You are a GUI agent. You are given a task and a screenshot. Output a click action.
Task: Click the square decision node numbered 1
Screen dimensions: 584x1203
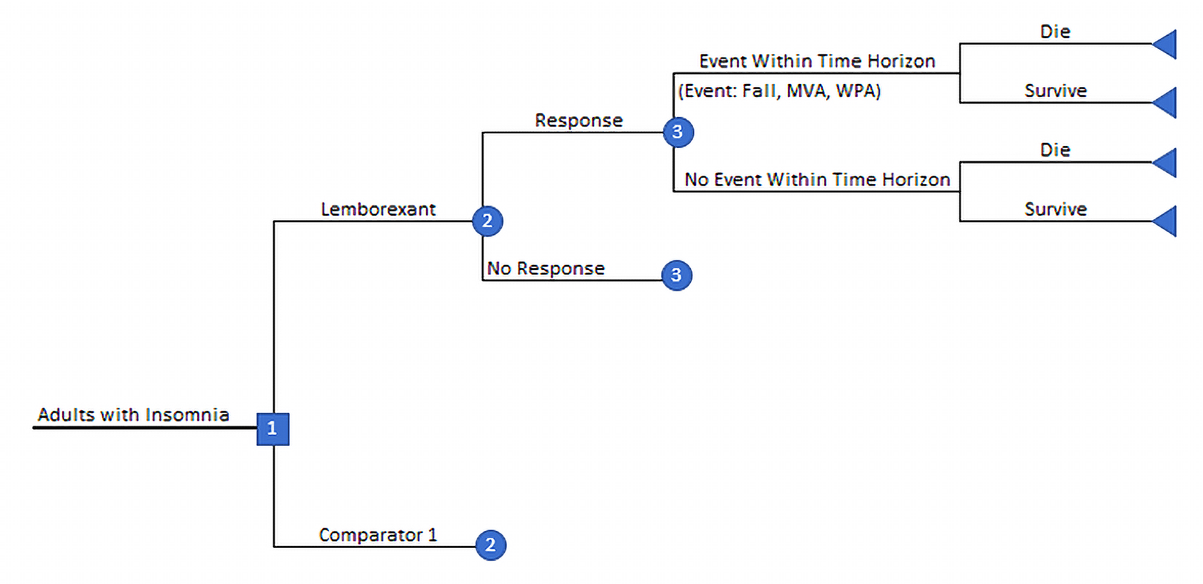pos(273,429)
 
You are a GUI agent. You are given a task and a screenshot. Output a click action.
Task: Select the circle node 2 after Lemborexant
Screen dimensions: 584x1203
pos(487,221)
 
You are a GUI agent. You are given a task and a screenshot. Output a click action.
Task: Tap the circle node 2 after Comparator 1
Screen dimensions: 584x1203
pos(491,545)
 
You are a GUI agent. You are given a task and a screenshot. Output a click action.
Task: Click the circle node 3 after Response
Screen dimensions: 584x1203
pos(678,132)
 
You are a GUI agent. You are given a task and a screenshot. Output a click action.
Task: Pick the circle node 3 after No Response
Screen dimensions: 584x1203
pos(677,275)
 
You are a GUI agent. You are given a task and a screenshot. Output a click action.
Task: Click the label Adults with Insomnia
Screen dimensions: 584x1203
pos(133,415)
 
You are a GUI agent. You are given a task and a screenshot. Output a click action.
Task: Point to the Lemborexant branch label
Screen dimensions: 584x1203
pos(378,209)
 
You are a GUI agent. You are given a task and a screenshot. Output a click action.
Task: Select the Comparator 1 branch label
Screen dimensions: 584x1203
pos(378,535)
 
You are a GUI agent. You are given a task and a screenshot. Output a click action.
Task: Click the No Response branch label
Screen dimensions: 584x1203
pos(546,268)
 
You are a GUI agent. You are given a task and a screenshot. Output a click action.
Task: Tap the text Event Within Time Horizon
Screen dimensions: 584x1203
pos(817,61)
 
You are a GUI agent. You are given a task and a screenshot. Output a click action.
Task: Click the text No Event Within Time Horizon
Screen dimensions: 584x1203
pos(817,180)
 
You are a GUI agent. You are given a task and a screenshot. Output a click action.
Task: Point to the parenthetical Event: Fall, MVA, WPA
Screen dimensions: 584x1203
pos(780,90)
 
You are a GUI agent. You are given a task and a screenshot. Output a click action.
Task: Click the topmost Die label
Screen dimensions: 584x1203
pos(1055,32)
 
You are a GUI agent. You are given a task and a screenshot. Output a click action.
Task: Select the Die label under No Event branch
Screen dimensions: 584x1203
pos(1055,150)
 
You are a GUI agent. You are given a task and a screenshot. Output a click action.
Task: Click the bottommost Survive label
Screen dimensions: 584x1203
pos(1055,209)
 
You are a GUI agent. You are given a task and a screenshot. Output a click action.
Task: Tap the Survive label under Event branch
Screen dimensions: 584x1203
pos(1055,91)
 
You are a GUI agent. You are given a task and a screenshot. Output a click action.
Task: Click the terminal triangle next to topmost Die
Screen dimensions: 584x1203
pos(1166,44)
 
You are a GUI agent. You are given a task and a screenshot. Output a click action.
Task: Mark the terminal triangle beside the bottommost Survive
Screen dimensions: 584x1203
pos(1166,221)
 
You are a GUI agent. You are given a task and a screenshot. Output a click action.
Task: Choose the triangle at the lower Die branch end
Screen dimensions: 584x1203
pos(1166,162)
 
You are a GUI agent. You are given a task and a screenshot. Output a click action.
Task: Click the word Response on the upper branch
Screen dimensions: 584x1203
pos(579,121)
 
